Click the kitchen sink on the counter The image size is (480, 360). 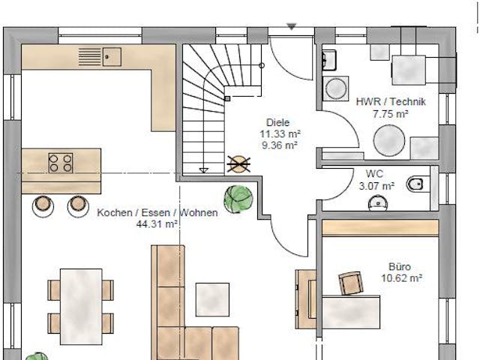point(112,55)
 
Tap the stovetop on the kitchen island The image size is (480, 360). point(61,162)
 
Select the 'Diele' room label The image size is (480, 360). point(277,123)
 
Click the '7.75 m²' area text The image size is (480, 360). point(390,114)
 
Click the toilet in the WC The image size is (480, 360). point(415,183)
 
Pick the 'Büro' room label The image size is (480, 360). point(399,266)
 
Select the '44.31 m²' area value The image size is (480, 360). point(157,223)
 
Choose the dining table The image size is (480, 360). point(81,305)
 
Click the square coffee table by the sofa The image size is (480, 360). point(212,298)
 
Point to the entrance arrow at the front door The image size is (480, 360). point(292,27)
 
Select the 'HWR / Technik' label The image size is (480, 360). point(391,103)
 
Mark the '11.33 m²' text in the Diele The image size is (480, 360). point(275,134)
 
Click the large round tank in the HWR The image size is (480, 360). point(388,139)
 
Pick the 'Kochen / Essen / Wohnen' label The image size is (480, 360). point(157,212)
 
